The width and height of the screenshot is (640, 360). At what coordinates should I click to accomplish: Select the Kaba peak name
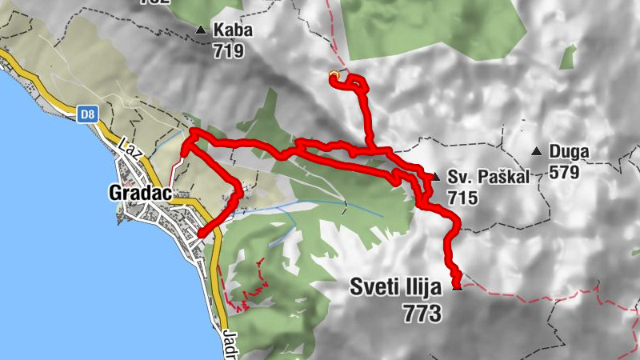pos(233,31)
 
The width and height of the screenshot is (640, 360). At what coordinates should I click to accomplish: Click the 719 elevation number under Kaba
pos(228,50)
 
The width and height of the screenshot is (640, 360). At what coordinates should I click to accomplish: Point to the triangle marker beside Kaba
pos(200,30)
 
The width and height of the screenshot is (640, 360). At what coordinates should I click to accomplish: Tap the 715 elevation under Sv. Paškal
pos(463,197)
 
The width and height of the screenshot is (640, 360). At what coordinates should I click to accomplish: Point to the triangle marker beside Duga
pos(537,150)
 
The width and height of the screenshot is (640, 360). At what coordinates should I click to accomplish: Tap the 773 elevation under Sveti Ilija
pos(422,314)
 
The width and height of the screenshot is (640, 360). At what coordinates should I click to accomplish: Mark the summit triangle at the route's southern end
pos(458,287)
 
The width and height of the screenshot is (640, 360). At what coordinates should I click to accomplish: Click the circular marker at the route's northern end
pos(334,76)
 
